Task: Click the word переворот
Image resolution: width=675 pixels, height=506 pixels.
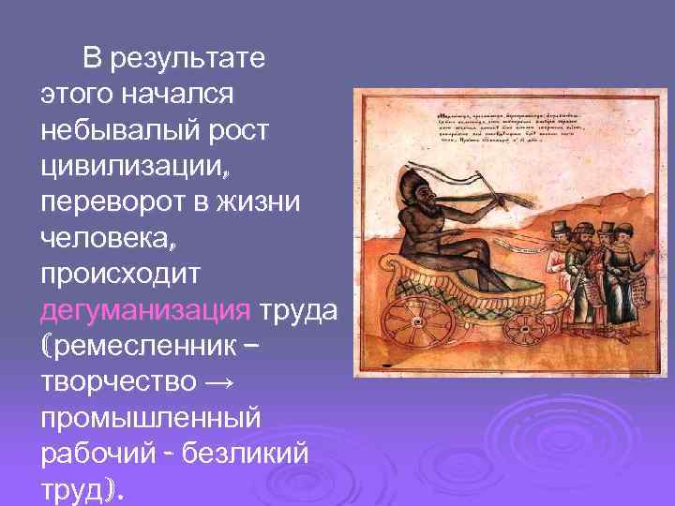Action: point(107,203)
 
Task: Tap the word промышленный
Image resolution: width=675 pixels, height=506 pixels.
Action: point(150,420)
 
